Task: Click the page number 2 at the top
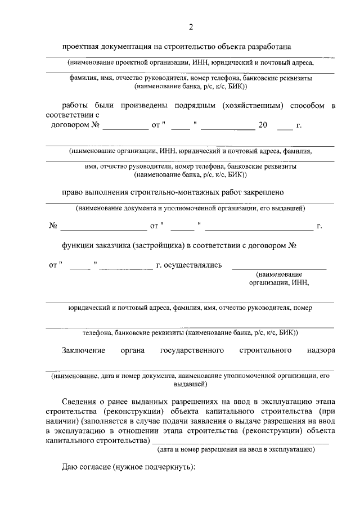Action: point(191,26)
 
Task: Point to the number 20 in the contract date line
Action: point(263,124)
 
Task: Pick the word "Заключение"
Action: point(84,350)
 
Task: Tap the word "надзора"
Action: point(321,350)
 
